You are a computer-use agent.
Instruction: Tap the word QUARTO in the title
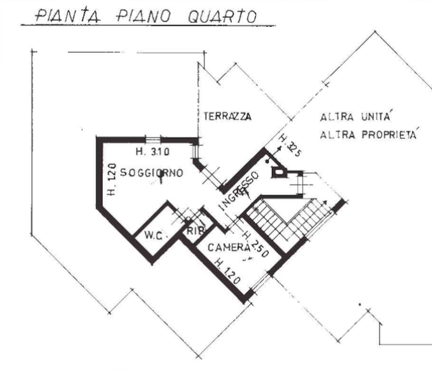[222, 17]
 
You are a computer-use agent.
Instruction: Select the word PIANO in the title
[144, 16]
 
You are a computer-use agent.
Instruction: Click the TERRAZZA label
[228, 116]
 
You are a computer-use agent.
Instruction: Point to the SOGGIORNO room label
[152, 173]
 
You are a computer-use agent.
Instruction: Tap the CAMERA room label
[229, 248]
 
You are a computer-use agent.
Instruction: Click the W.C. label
[154, 236]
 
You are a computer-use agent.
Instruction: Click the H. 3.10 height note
[153, 151]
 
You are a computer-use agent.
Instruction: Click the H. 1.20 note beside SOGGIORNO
[111, 179]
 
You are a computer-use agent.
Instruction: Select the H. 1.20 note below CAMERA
[228, 272]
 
